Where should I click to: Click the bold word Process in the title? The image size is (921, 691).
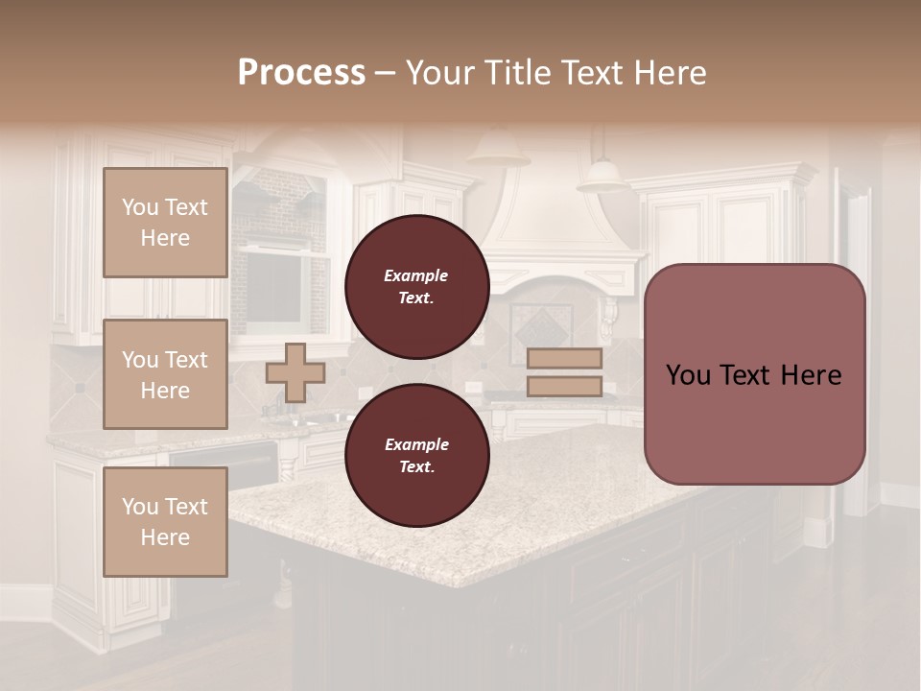pos(301,72)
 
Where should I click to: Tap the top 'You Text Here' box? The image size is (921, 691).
pos(165,223)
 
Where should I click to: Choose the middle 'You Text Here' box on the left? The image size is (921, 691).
pos(165,374)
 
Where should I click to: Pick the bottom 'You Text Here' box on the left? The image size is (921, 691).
pos(165,522)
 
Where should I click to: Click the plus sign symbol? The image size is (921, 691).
pos(295,372)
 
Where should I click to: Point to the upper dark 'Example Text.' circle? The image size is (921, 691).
pos(416,287)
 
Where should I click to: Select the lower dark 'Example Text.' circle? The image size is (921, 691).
pos(416,456)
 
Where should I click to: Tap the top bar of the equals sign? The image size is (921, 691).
pos(564,359)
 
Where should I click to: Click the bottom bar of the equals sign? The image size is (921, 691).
pos(564,386)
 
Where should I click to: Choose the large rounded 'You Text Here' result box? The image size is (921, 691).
pos(754,374)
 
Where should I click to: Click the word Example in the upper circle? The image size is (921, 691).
pos(416,275)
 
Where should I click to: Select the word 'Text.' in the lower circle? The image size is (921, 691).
pos(416,467)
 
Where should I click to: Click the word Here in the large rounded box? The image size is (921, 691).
pos(811,374)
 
